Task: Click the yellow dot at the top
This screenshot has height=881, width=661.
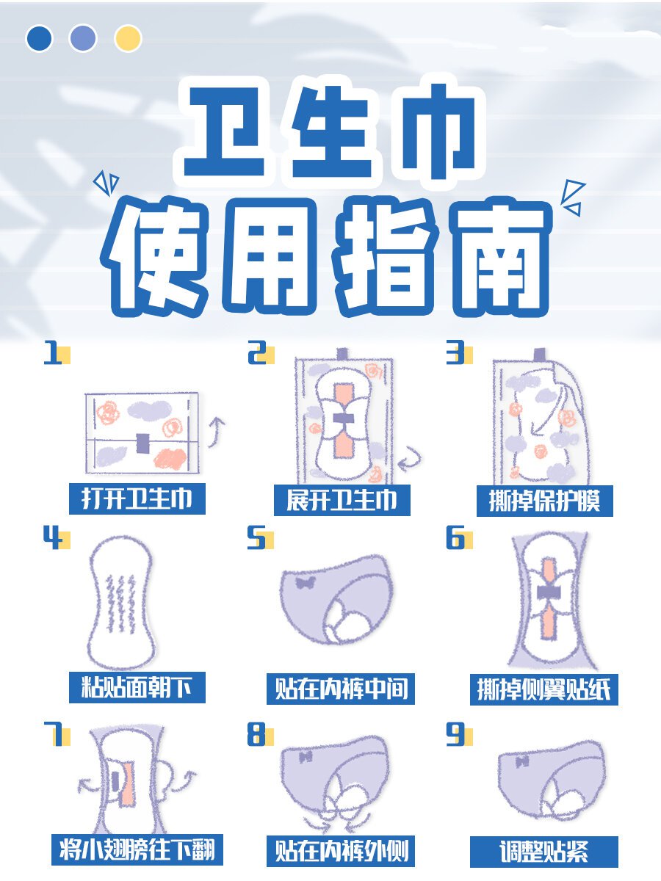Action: coord(128,38)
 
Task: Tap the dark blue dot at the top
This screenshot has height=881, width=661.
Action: coord(39,38)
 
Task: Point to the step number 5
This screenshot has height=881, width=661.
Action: coord(256,540)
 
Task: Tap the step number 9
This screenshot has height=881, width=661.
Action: coord(455,736)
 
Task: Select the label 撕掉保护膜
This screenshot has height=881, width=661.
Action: coord(544,501)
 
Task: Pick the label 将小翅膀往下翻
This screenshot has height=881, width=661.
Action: coord(137,849)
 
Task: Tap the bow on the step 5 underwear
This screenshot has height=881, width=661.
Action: coord(303,584)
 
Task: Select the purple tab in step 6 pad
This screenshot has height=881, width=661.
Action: coord(549,592)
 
